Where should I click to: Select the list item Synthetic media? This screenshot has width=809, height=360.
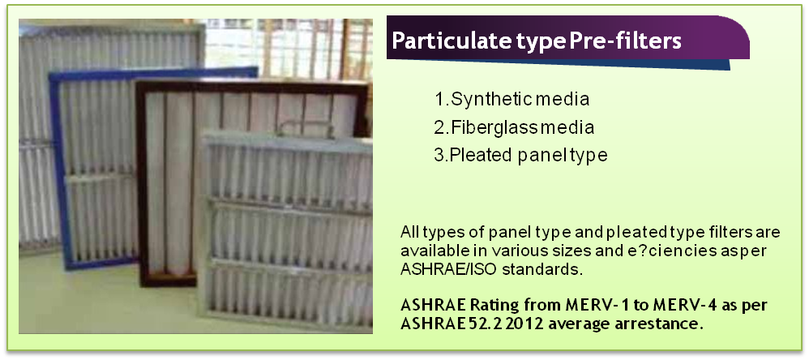[x=512, y=99]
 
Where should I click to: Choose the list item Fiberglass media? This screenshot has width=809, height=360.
[x=514, y=127]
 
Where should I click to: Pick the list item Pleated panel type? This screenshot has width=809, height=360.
[x=520, y=155]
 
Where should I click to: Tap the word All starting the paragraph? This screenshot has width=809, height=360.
[x=409, y=232]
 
